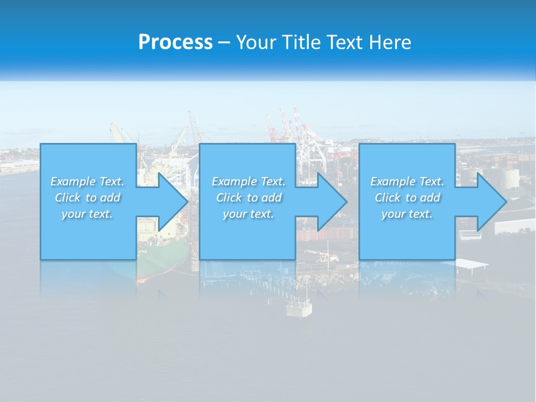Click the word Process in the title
pyautogui.click(x=175, y=42)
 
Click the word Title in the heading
pyautogui.click(x=300, y=42)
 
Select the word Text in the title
pyautogui.click(x=344, y=42)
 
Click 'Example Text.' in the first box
pyautogui.click(x=87, y=181)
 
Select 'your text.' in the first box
pyautogui.click(x=87, y=214)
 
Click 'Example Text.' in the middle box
pyautogui.click(x=248, y=181)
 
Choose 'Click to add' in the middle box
pyautogui.click(x=248, y=198)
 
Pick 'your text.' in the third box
pyautogui.click(x=407, y=214)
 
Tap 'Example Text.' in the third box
pyautogui.click(x=407, y=181)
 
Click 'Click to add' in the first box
pyautogui.click(x=87, y=198)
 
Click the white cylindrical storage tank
pyautogui.click(x=510, y=179)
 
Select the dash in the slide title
pyautogui.click(x=224, y=42)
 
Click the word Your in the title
pyautogui.click(x=257, y=42)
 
